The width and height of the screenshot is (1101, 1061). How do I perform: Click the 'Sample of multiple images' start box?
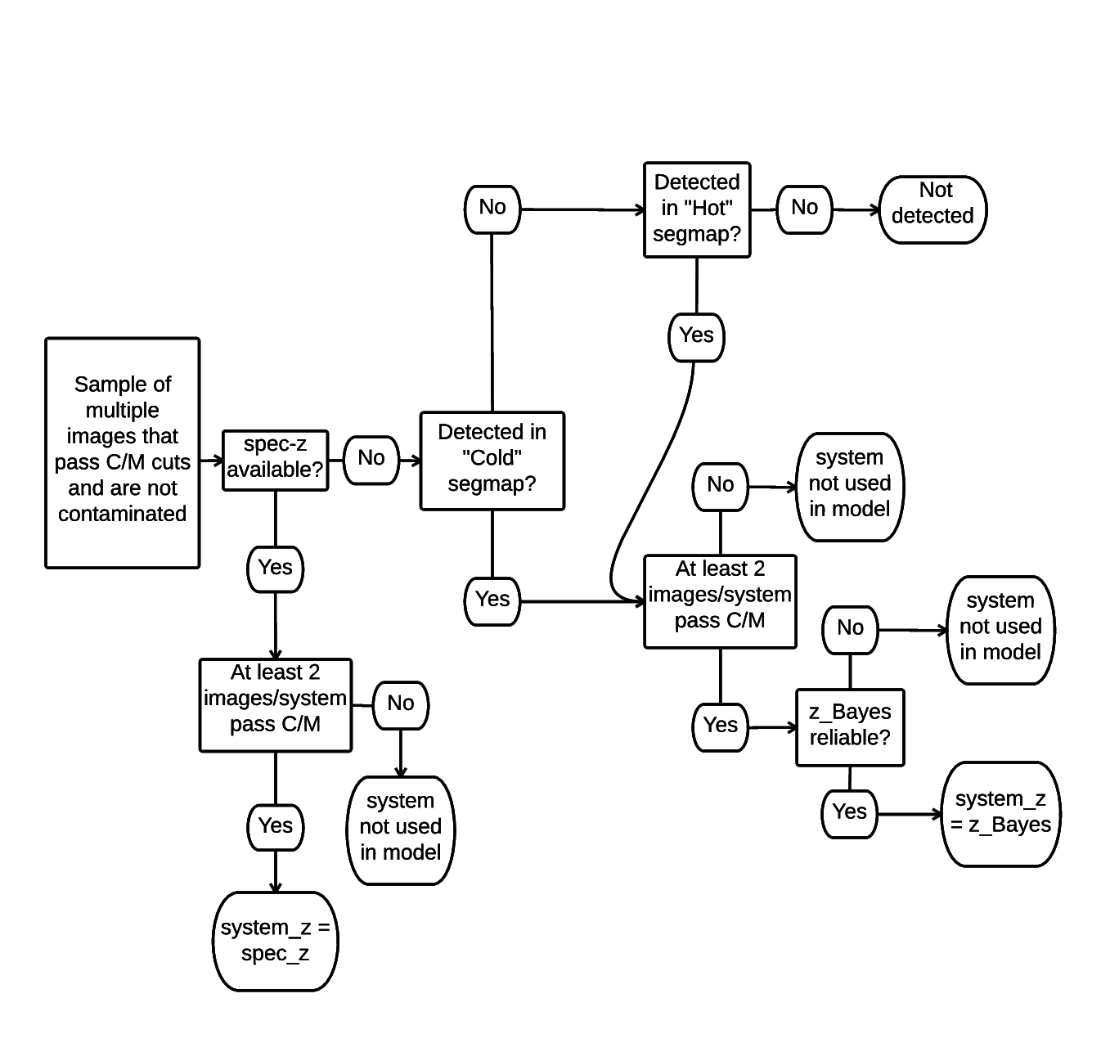click(x=123, y=452)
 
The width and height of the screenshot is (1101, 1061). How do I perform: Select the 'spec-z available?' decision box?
click(x=276, y=461)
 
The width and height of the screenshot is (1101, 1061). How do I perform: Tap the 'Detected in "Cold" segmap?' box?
click(x=492, y=461)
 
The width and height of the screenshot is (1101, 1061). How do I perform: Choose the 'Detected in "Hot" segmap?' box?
click(x=697, y=209)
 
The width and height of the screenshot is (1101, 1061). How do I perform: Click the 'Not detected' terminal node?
click(x=932, y=209)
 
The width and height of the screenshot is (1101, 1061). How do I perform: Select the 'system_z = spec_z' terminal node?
click(x=276, y=941)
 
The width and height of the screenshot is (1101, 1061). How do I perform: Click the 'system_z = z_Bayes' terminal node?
click(x=1000, y=813)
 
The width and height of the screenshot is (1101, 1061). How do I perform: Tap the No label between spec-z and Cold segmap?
click(x=371, y=460)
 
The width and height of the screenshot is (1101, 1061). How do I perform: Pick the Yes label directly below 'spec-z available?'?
click(x=276, y=569)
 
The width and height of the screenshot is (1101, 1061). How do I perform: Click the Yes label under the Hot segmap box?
click(x=697, y=336)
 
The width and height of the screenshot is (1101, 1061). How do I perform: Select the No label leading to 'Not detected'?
click(x=805, y=209)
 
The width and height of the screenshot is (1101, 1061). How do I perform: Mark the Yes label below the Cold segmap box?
click(x=492, y=600)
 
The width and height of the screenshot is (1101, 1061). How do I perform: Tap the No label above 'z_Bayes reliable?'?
click(x=850, y=629)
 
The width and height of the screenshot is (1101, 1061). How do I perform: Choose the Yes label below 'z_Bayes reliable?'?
click(x=850, y=813)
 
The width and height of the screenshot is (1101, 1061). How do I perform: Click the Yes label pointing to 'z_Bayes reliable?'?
click(x=721, y=726)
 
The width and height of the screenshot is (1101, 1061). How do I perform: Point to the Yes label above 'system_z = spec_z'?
click(x=276, y=826)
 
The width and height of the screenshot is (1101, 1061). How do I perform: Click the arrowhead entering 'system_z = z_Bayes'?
click(x=938, y=814)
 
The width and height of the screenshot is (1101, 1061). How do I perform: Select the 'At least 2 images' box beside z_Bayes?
click(x=721, y=601)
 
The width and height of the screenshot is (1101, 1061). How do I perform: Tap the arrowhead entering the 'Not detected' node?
click(x=875, y=210)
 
